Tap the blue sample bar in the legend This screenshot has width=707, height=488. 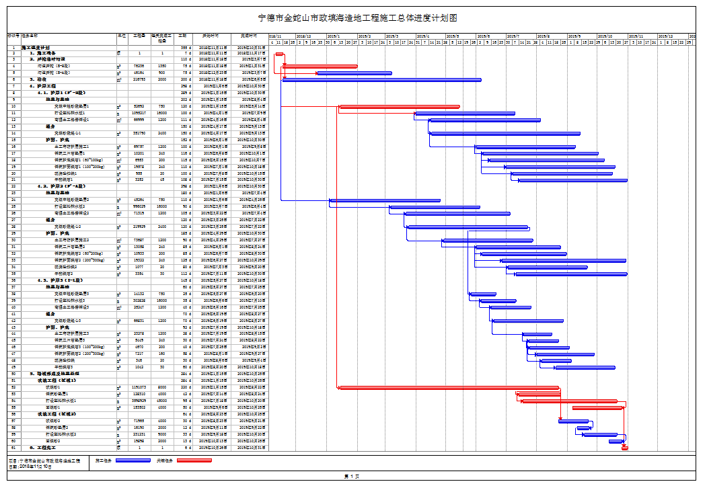[133, 460]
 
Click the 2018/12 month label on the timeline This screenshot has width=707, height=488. [303, 36]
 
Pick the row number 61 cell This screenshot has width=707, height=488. [13, 447]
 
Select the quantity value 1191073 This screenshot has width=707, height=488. [139, 387]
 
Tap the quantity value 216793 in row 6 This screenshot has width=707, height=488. [139, 79]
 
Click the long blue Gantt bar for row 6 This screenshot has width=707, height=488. [381, 79]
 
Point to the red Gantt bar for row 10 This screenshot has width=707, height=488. [400, 106]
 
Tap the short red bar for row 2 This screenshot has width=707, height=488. [279, 53]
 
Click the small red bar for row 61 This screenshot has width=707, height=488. [624, 447]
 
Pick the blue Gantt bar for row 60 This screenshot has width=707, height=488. [616, 441]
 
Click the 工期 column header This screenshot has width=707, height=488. [182, 35]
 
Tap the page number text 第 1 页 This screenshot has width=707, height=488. [352, 477]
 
